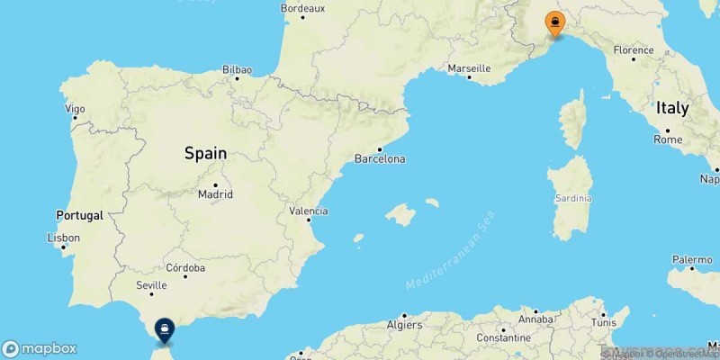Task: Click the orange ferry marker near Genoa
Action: (554, 22)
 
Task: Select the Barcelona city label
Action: (382, 159)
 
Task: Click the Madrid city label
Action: (216, 193)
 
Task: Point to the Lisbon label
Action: (65, 238)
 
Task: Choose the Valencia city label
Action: (309, 211)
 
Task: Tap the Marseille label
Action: (469, 67)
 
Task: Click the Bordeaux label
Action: (302, 8)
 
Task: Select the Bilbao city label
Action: (238, 69)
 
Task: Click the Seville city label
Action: (150, 285)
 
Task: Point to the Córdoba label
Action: (186, 267)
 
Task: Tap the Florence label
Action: (633, 50)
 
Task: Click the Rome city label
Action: (668, 139)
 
